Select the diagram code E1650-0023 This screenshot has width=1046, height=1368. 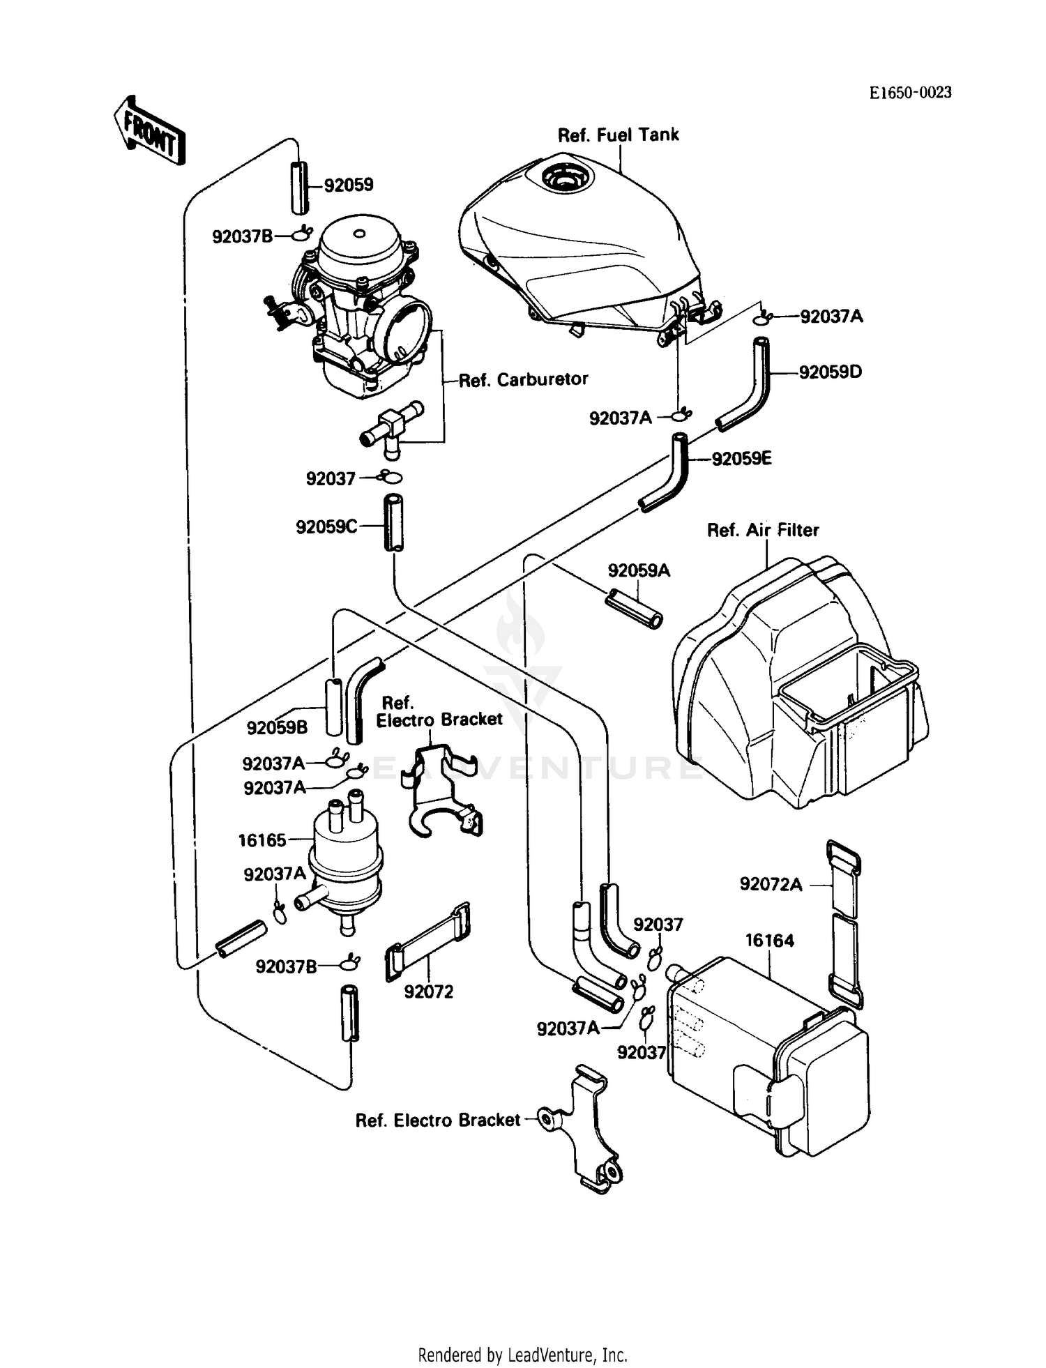coord(910,93)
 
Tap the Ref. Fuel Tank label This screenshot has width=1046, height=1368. coord(618,135)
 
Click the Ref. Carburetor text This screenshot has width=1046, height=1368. coord(523,379)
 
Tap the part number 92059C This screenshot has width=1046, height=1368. coord(326,527)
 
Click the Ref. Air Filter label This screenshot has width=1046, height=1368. coord(763,531)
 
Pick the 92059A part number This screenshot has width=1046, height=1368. coord(639,571)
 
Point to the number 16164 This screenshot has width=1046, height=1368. coord(769,941)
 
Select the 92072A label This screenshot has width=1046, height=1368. coord(771,885)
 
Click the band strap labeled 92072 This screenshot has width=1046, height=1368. coord(427,943)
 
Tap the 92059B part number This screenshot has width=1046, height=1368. coord(277,728)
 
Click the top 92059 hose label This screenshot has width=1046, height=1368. coord(349,185)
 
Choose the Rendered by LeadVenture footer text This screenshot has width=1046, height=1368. coord(522,1355)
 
